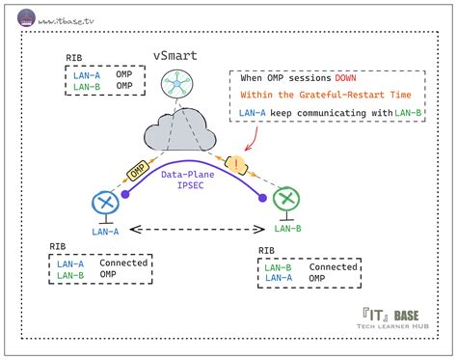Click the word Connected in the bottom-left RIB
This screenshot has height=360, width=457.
click(121, 263)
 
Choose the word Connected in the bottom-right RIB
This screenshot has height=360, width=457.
click(332, 266)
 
